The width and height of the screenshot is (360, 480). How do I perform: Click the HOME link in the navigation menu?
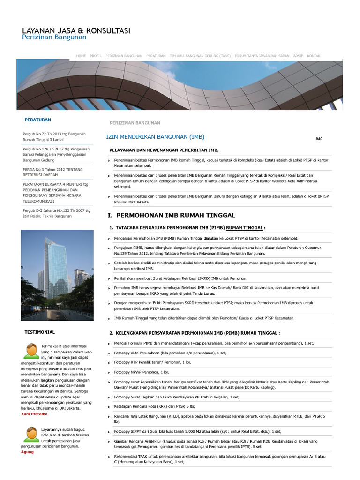click(81, 56)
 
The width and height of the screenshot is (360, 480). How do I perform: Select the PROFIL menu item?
click(96, 56)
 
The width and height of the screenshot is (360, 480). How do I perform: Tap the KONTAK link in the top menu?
click(314, 56)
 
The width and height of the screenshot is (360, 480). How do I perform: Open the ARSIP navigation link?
click(298, 56)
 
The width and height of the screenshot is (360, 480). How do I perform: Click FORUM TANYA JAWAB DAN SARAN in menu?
click(262, 56)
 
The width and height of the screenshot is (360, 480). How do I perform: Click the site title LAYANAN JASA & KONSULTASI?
click(76, 30)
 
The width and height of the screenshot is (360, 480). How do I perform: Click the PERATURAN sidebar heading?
click(37, 120)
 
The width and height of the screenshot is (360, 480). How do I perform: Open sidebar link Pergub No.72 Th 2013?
click(54, 136)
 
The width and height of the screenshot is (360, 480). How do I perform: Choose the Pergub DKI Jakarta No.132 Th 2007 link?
click(56, 213)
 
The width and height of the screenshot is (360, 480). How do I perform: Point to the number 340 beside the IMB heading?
click(319, 139)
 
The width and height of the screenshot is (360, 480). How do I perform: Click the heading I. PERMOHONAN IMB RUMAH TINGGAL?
click(171, 215)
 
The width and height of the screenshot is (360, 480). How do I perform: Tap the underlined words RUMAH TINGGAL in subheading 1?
click(244, 227)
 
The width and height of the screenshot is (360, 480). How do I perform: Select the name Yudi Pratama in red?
click(35, 414)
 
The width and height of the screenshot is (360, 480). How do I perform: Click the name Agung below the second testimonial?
click(28, 452)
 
